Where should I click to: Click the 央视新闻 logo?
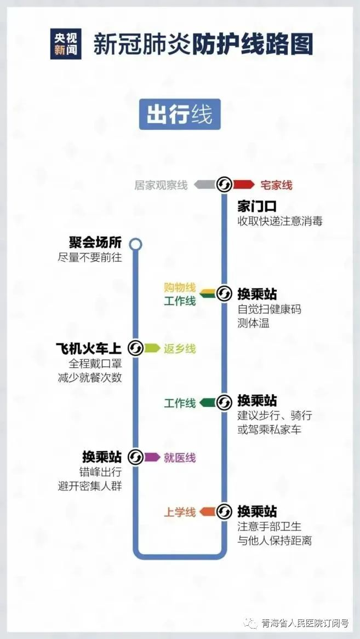pos(66,44)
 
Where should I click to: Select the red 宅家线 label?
pos(276,185)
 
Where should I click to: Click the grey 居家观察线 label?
pos(161,185)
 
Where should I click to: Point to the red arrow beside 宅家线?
pos(244,185)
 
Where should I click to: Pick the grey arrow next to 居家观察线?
pos(204,185)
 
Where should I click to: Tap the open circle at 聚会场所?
pos(136,245)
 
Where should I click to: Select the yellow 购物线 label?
pos(180,287)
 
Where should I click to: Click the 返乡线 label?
pos(180,349)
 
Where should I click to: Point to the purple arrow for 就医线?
pos(152,457)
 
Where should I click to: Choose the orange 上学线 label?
pos(180,512)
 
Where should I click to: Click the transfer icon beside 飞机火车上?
pos(136,348)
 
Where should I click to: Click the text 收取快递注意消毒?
pos(280,221)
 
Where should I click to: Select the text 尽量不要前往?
pos(90,257)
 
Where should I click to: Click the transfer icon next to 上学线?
pos(224,511)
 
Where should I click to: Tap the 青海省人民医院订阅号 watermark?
pos(305,623)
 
